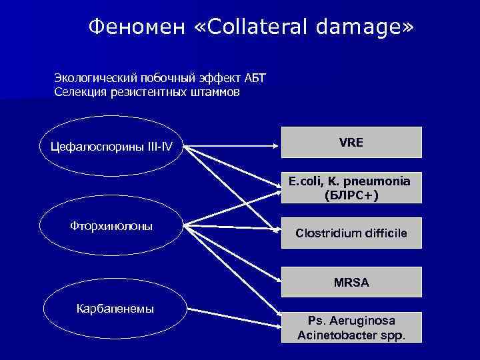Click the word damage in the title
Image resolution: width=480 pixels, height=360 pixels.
click(x=361, y=27)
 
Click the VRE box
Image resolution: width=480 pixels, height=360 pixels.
click(x=351, y=142)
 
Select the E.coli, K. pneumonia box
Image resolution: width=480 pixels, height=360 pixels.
click(x=351, y=188)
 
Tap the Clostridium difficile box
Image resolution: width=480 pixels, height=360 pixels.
click(x=351, y=233)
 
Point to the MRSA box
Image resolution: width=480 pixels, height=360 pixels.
click(x=351, y=282)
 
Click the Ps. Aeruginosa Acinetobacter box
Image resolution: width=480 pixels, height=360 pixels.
click(x=351, y=327)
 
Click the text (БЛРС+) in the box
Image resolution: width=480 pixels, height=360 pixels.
click(x=351, y=195)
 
